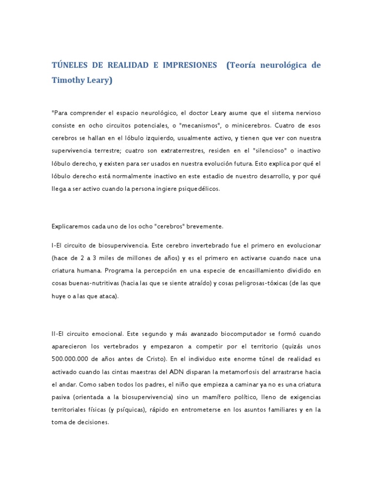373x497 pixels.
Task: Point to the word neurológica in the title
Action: click(x=278, y=65)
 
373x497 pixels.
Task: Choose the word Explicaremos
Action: click(x=71, y=226)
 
